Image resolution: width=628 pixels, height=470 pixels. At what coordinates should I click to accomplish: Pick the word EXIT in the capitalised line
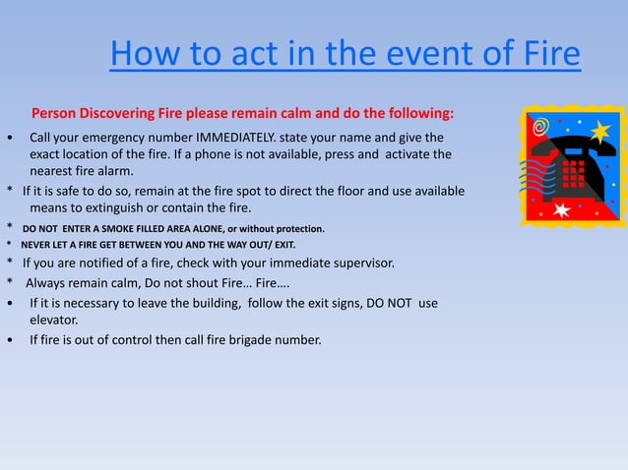coord(280,244)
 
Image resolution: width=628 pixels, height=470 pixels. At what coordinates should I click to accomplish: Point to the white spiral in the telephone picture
coord(538,127)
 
